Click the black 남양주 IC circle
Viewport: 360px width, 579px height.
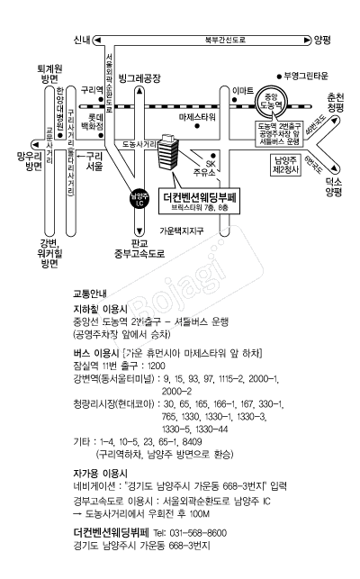[139, 199]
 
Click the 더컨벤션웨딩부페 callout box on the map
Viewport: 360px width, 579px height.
[200, 201]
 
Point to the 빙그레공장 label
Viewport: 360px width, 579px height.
[139, 78]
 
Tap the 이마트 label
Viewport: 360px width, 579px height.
[243, 91]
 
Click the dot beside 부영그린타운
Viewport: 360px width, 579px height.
[280, 77]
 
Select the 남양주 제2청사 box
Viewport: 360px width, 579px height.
[285, 165]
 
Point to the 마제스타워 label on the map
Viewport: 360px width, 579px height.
[197, 117]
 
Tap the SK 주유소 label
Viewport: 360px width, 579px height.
[207, 168]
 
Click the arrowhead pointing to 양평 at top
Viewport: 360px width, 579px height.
[308, 41]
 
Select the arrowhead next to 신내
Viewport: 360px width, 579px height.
[96, 40]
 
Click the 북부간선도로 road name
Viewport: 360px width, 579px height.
[226, 40]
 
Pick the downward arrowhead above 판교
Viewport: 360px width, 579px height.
[139, 231]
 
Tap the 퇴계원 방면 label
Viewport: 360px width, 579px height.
[49, 74]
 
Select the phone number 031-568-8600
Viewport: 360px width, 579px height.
[198, 533]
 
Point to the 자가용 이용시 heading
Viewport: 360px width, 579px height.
[101, 474]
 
